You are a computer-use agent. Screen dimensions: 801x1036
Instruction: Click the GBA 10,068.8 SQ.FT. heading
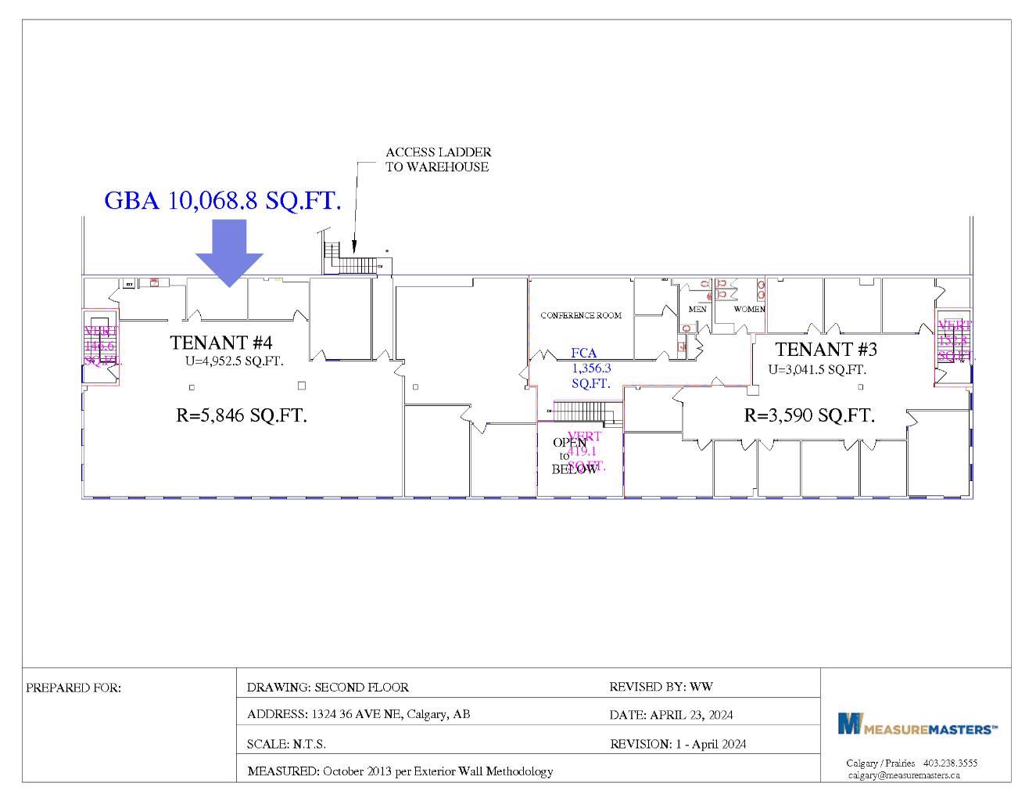(x=223, y=201)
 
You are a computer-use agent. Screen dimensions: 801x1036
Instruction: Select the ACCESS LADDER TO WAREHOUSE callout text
(x=438, y=160)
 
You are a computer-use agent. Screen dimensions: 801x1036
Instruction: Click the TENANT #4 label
(x=221, y=343)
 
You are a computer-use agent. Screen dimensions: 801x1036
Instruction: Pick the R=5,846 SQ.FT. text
(x=242, y=415)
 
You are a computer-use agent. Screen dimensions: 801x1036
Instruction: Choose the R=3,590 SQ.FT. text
(x=809, y=415)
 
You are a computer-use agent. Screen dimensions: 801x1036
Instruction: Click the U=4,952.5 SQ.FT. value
(x=234, y=361)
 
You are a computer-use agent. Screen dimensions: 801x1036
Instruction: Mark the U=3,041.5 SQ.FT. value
(x=817, y=369)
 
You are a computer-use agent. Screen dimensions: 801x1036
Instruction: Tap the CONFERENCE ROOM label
(x=581, y=315)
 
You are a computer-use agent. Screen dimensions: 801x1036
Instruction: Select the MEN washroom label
(x=697, y=309)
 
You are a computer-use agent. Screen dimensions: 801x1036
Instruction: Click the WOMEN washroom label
(x=749, y=309)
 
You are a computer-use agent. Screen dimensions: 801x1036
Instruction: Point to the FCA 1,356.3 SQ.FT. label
(x=590, y=368)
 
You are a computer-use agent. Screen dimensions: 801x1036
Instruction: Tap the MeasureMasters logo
(x=917, y=724)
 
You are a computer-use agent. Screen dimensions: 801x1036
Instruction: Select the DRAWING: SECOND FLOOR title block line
(x=328, y=688)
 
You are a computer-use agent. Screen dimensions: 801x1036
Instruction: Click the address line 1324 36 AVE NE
(x=358, y=714)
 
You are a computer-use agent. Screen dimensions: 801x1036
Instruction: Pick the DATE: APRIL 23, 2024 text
(x=671, y=715)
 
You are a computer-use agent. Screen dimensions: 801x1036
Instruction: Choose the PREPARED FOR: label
(x=73, y=688)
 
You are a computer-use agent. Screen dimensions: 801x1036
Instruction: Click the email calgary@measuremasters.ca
(x=904, y=775)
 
